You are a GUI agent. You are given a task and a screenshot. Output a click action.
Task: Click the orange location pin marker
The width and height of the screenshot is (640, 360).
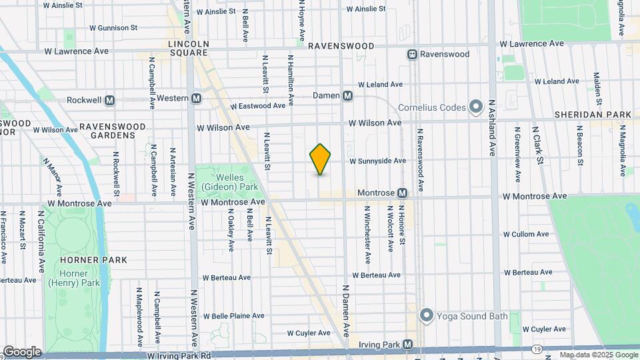click(321, 159)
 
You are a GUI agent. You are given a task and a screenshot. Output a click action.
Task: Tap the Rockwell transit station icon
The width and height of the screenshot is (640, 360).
click(110, 101)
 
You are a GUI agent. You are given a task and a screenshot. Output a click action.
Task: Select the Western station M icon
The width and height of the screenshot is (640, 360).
click(197, 98)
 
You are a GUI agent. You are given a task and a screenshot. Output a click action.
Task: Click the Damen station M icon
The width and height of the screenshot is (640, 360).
click(347, 96)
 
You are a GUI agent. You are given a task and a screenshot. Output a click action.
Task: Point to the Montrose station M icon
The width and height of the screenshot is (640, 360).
click(403, 193)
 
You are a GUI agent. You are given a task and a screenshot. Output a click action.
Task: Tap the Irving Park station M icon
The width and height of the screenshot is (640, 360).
click(409, 345)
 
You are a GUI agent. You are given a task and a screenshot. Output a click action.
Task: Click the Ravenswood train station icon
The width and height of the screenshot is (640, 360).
click(413, 53)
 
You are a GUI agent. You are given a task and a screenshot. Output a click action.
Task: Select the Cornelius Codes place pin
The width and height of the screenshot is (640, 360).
click(475, 107)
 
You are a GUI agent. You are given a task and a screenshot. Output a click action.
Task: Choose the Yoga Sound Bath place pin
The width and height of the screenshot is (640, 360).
click(427, 315)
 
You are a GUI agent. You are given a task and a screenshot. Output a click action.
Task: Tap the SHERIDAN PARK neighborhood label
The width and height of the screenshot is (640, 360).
click(593, 115)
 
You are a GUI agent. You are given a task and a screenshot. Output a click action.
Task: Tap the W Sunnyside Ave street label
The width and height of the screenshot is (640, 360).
click(377, 161)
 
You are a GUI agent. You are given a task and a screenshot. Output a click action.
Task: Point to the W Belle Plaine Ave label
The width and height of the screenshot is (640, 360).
click(234, 316)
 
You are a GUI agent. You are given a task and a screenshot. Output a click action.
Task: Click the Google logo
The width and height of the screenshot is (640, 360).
click(22, 352)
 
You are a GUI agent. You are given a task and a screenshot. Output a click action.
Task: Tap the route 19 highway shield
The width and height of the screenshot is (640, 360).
click(537, 349)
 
